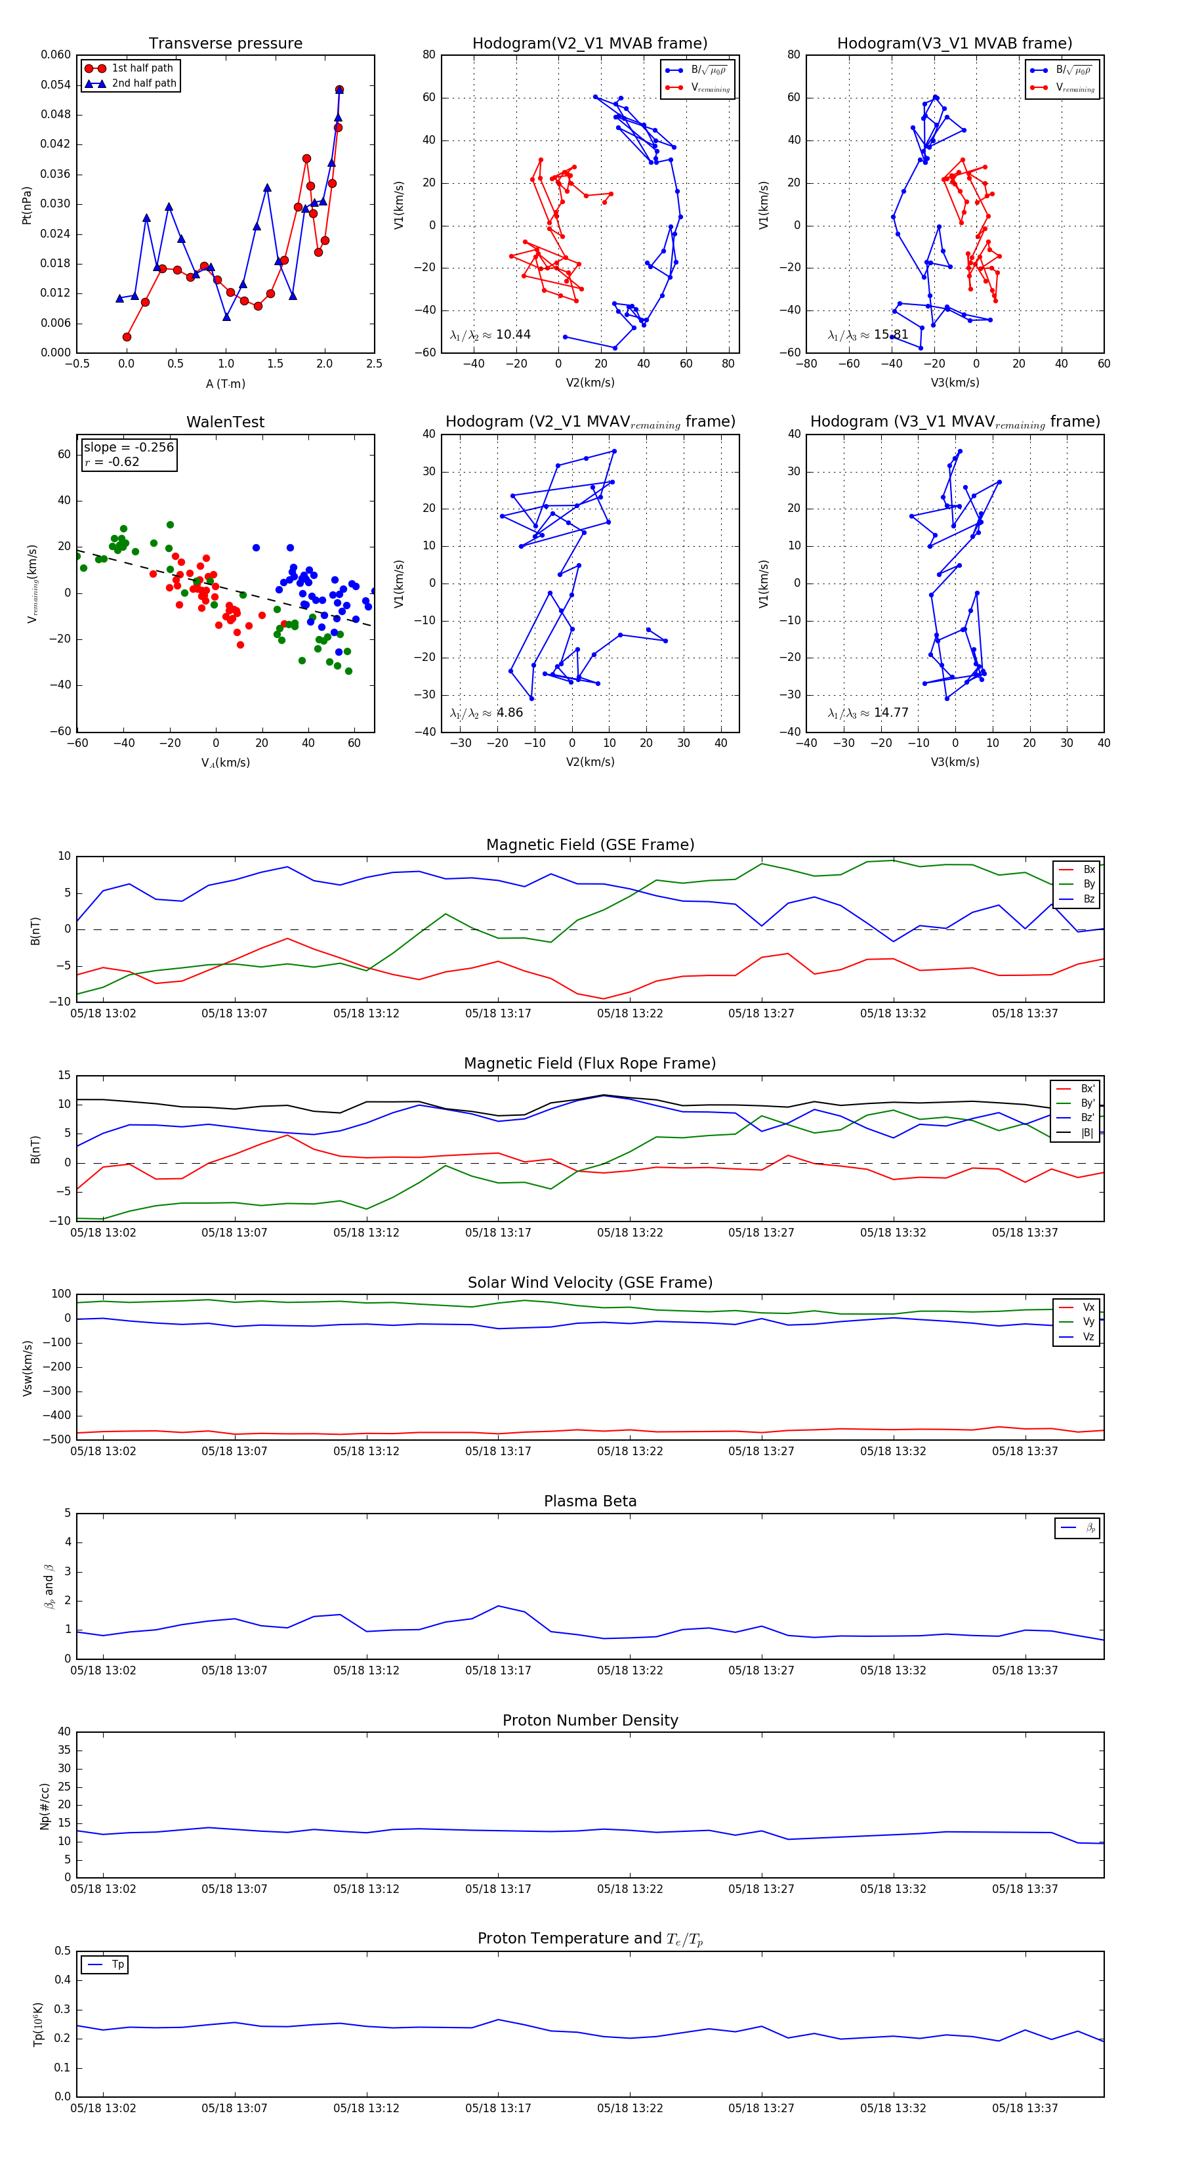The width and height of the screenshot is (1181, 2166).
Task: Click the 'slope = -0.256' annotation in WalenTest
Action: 129,448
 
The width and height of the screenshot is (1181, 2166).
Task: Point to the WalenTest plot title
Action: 225,422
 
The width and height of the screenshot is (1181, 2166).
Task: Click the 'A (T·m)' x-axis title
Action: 225,383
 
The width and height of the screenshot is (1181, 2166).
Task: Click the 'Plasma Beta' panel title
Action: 590,1501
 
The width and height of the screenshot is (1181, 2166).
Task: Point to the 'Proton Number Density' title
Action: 590,1720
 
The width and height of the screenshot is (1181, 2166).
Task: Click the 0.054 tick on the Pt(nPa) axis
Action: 56,85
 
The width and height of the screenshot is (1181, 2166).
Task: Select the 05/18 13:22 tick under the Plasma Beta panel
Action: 630,1670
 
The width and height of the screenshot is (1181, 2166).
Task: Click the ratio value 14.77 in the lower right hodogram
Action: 890,713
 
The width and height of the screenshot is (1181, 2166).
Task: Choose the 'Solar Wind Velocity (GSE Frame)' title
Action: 590,1283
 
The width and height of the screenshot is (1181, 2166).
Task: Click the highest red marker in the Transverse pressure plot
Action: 339,89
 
